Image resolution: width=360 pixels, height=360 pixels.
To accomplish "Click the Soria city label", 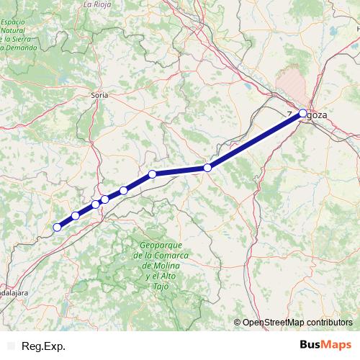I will tap(99, 95).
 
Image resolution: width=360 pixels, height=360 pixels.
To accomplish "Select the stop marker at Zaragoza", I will tap(302, 113).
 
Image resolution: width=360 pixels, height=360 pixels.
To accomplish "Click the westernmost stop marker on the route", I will tap(58, 228).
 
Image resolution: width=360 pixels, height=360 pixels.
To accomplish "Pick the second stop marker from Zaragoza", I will tap(207, 168).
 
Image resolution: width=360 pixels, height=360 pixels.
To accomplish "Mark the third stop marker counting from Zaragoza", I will tap(153, 174).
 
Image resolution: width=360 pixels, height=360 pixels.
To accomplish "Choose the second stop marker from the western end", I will tap(76, 216).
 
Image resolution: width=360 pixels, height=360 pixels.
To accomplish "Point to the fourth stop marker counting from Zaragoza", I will tap(124, 190).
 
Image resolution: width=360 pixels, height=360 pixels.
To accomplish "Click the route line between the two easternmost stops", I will tap(255, 140).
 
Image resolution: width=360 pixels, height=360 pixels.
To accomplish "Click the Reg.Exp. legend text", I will tap(43, 346).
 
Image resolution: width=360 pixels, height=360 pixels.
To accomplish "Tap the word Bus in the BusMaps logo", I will tap(310, 345).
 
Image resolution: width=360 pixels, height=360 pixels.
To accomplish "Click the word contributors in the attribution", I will tap(328, 323).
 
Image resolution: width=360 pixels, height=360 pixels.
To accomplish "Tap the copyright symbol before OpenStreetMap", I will tap(237, 323).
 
